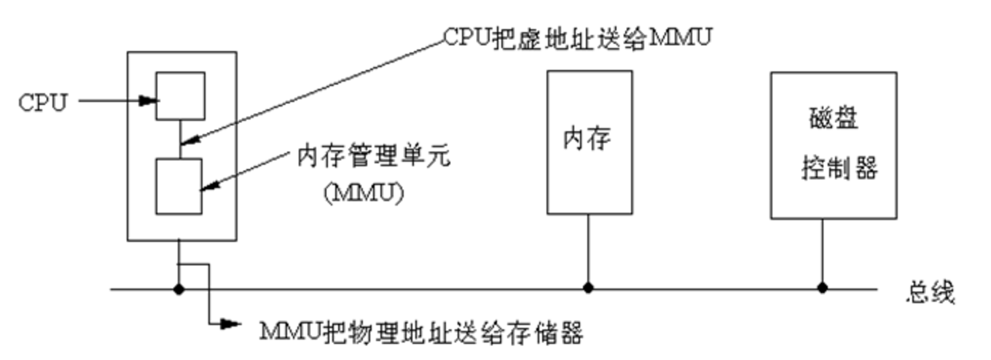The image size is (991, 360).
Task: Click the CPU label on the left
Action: click(42, 102)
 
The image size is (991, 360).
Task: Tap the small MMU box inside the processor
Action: click(179, 186)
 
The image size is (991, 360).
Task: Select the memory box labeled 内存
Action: click(589, 141)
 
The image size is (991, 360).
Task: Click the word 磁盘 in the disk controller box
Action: click(833, 118)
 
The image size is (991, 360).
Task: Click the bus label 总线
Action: click(931, 292)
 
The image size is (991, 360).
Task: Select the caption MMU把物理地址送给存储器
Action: click(422, 334)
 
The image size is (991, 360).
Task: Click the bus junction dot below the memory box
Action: click(589, 289)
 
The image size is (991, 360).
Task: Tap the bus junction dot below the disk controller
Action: click(823, 289)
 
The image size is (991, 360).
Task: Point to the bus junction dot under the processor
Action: click(179, 289)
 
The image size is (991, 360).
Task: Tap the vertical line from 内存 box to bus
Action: click(589, 251)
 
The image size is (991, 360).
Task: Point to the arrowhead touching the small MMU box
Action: click(208, 188)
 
